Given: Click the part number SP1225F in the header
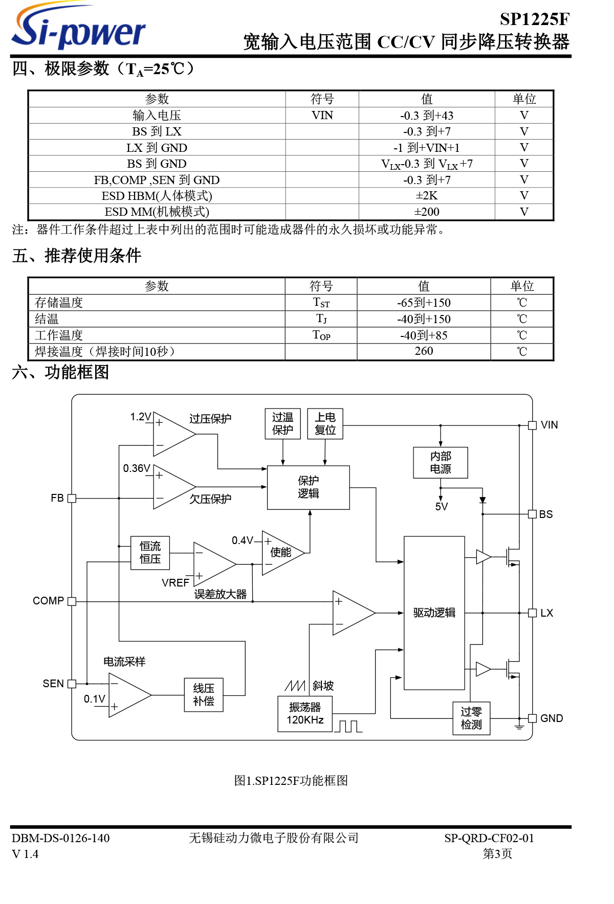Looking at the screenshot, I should point(534,19).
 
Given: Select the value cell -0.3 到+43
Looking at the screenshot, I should point(426,116).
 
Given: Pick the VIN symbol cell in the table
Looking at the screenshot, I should point(322,116).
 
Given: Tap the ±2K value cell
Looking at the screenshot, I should point(426,196).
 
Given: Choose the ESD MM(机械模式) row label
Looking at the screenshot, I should point(157,212).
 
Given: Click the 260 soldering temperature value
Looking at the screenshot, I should point(424,351).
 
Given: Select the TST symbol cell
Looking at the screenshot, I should point(321,303).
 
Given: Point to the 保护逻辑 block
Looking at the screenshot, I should point(308,487).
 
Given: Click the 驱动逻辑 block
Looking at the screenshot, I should point(434,613).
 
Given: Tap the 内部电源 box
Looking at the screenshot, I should point(440,463).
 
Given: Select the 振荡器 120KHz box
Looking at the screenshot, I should point(305,714).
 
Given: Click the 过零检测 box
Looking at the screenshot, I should point(471,718).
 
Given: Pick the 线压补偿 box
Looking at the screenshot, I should point(204,695).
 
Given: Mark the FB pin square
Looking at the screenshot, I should point(72,498).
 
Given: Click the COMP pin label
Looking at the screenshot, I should point(48,601).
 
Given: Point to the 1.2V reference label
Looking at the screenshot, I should point(140,417).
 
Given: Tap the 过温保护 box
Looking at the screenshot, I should point(282,423).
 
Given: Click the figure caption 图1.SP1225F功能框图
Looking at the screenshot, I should point(291,781).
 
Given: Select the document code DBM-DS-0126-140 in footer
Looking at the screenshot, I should point(60,838).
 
